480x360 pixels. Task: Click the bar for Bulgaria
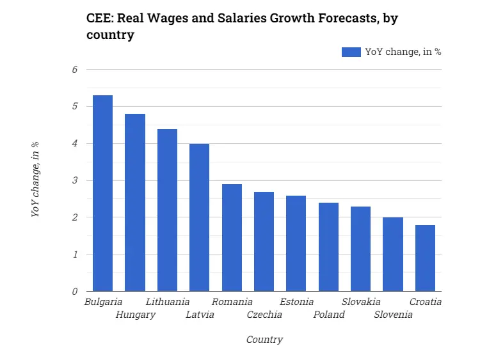pos(102,193)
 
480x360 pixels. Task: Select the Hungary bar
pos(135,203)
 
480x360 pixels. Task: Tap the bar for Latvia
pos(199,217)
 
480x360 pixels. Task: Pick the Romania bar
pos(232,238)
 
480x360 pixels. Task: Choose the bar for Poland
pos(328,247)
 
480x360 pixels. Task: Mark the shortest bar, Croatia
pos(425,258)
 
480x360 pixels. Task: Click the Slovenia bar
pos(393,254)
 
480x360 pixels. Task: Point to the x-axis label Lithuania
pos(168,302)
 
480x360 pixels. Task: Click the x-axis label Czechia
pos(264,315)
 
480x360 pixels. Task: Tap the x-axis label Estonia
pos(297,302)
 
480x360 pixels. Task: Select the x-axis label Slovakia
pos(361,302)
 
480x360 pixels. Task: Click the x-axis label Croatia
pos(426,302)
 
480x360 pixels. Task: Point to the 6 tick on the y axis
pos(74,70)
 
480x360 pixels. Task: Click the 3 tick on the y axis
pos(74,181)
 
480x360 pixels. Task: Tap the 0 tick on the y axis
pos(74,292)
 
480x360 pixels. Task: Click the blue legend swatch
pos(351,52)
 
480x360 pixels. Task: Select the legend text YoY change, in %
pos(403,52)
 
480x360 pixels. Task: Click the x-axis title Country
pos(264,340)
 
